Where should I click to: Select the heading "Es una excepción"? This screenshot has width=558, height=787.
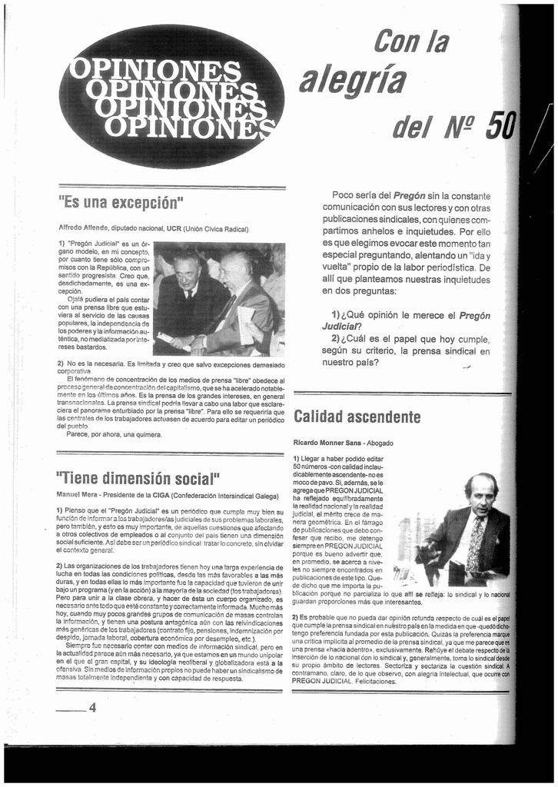pos(121,205)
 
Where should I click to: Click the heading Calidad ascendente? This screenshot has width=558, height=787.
pos(357,417)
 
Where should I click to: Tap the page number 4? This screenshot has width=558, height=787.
pos(92,708)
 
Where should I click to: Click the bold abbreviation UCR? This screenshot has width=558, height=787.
pos(174,228)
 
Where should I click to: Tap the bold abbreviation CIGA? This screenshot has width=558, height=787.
pos(160,496)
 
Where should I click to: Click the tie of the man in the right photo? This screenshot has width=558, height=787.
pos(477,542)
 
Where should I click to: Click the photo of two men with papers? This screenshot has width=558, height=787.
pos(219,300)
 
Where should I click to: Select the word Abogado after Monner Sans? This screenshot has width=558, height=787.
pos(380,443)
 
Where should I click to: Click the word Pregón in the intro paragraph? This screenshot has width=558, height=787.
pos(409,195)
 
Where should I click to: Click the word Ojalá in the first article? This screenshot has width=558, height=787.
pos(79,300)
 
